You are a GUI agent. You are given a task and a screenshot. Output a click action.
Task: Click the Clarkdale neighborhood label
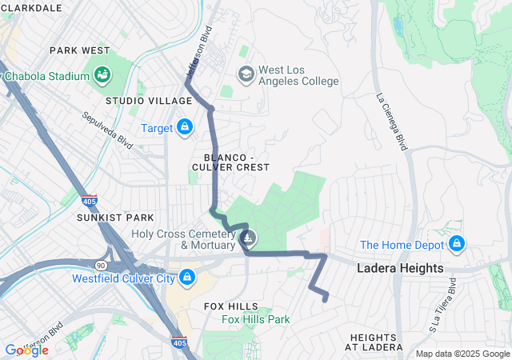click(32, 7)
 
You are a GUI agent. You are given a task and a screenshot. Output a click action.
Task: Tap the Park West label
click(79, 50)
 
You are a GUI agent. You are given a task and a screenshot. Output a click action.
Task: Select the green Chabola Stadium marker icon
click(102, 76)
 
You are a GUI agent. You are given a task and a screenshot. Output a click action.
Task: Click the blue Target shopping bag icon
click(185, 127)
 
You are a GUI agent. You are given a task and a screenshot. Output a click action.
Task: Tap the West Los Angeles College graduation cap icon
click(246, 74)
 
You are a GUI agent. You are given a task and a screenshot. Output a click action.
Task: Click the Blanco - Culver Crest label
click(230, 161)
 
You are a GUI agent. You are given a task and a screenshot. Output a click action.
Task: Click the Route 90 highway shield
click(101, 264)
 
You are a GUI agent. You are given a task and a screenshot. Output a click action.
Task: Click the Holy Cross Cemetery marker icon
click(249, 238)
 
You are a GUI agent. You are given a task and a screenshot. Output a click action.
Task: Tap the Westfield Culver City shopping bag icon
click(186, 278)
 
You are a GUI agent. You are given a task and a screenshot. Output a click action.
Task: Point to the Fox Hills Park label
click(256, 319)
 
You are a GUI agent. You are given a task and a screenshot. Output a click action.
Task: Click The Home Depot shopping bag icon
click(456, 243)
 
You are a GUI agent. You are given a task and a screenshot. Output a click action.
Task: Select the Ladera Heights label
click(400, 268)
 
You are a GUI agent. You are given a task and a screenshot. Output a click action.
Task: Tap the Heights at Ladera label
click(374, 342)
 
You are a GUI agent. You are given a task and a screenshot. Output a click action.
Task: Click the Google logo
click(26, 350)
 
